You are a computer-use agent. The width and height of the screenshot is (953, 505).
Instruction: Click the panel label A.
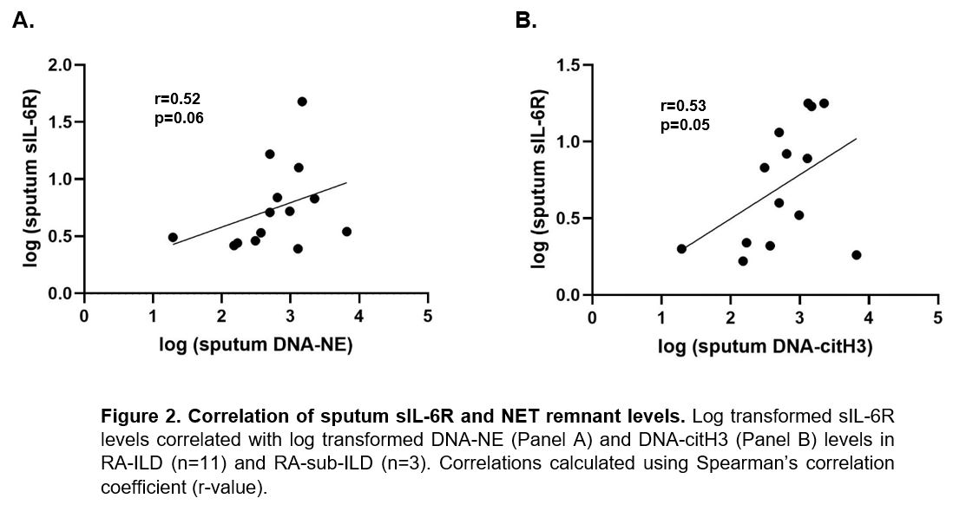pyautogui.click(x=23, y=21)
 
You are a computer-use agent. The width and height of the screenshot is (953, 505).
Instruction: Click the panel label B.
pyautogui.click(x=526, y=21)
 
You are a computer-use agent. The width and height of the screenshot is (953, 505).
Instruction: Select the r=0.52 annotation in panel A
pyautogui.click(x=177, y=99)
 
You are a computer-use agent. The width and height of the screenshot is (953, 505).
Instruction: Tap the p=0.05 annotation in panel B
pyautogui.click(x=685, y=125)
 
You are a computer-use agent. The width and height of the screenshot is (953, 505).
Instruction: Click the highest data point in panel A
pyautogui.click(x=302, y=102)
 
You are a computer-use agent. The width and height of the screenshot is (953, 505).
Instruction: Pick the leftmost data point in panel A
pyautogui.click(x=173, y=237)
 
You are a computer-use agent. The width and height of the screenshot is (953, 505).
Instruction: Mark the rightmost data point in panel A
pyautogui.click(x=346, y=232)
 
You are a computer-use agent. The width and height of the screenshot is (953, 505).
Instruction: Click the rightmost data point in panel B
pyautogui.click(x=857, y=255)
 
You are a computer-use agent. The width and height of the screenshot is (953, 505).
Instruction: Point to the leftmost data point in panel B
pyautogui.click(x=681, y=249)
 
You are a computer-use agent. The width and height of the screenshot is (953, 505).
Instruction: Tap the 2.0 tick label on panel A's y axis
pyautogui.click(x=61, y=65)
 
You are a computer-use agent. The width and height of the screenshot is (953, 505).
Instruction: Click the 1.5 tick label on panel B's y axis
pyautogui.click(x=569, y=65)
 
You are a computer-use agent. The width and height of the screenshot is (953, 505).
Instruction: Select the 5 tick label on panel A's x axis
pyautogui.click(x=427, y=315)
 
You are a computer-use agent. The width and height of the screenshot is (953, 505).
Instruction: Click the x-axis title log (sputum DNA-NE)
pyautogui.click(x=255, y=345)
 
